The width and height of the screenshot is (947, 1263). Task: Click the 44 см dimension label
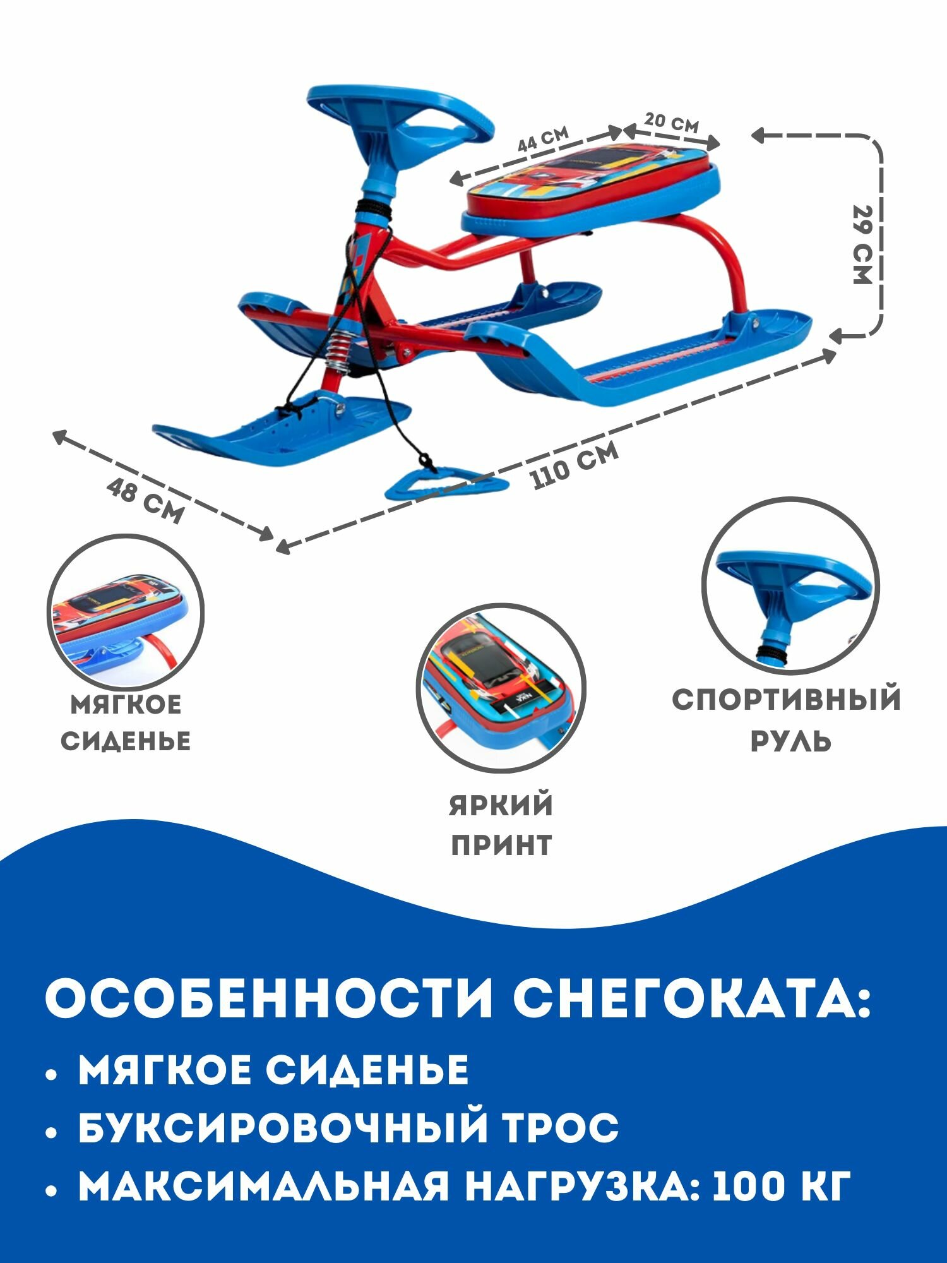pyautogui.click(x=543, y=140)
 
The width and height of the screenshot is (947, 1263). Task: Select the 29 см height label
pyautogui.click(x=862, y=244)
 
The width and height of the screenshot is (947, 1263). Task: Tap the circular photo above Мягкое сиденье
pyautogui.click(x=126, y=613)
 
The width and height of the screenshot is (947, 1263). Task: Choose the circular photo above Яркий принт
pyautogui.click(x=501, y=688)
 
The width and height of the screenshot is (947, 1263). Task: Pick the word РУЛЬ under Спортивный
pyautogui.click(x=790, y=740)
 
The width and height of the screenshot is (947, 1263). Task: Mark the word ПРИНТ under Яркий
pyautogui.click(x=501, y=844)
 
